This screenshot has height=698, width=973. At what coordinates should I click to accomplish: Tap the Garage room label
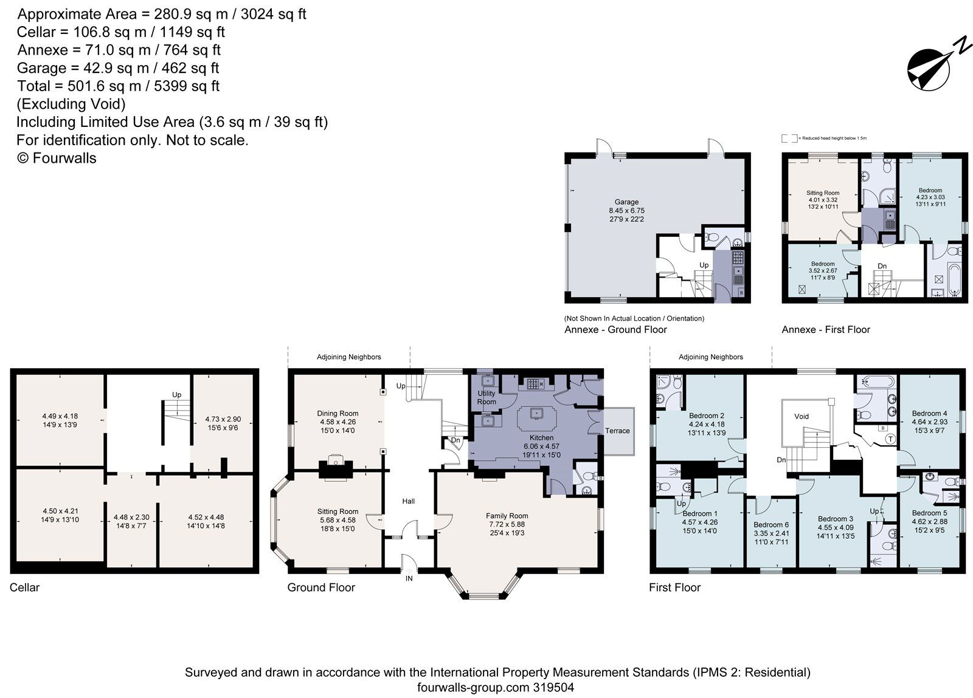pos(626,202)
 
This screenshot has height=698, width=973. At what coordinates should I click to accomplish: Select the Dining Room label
pos(338,413)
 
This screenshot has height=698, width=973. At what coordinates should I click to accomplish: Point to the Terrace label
pos(617,431)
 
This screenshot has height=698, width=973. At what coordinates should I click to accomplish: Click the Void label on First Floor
pos(802,416)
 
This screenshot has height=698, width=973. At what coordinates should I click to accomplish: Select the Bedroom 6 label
pos(770,525)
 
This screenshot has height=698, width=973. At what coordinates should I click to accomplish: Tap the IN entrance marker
pos(409,578)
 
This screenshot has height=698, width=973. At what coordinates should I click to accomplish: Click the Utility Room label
pos(486,398)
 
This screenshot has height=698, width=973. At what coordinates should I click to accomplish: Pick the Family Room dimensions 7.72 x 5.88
pos(507,524)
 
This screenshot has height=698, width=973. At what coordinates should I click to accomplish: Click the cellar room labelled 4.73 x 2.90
pos(223,419)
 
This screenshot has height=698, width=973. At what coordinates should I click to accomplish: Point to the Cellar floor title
pos(24,587)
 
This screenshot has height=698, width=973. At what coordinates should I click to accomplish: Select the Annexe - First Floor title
pos(825,330)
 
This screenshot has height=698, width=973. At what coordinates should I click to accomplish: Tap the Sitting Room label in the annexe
pos(823,193)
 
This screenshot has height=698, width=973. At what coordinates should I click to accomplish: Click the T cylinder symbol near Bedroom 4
pos(890,439)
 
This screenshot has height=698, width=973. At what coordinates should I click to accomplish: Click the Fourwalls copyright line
pos(57,158)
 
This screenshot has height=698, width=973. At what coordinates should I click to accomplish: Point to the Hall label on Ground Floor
pos(409,501)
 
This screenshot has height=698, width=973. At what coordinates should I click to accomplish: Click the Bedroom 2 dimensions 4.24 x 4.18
pos(706,425)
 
